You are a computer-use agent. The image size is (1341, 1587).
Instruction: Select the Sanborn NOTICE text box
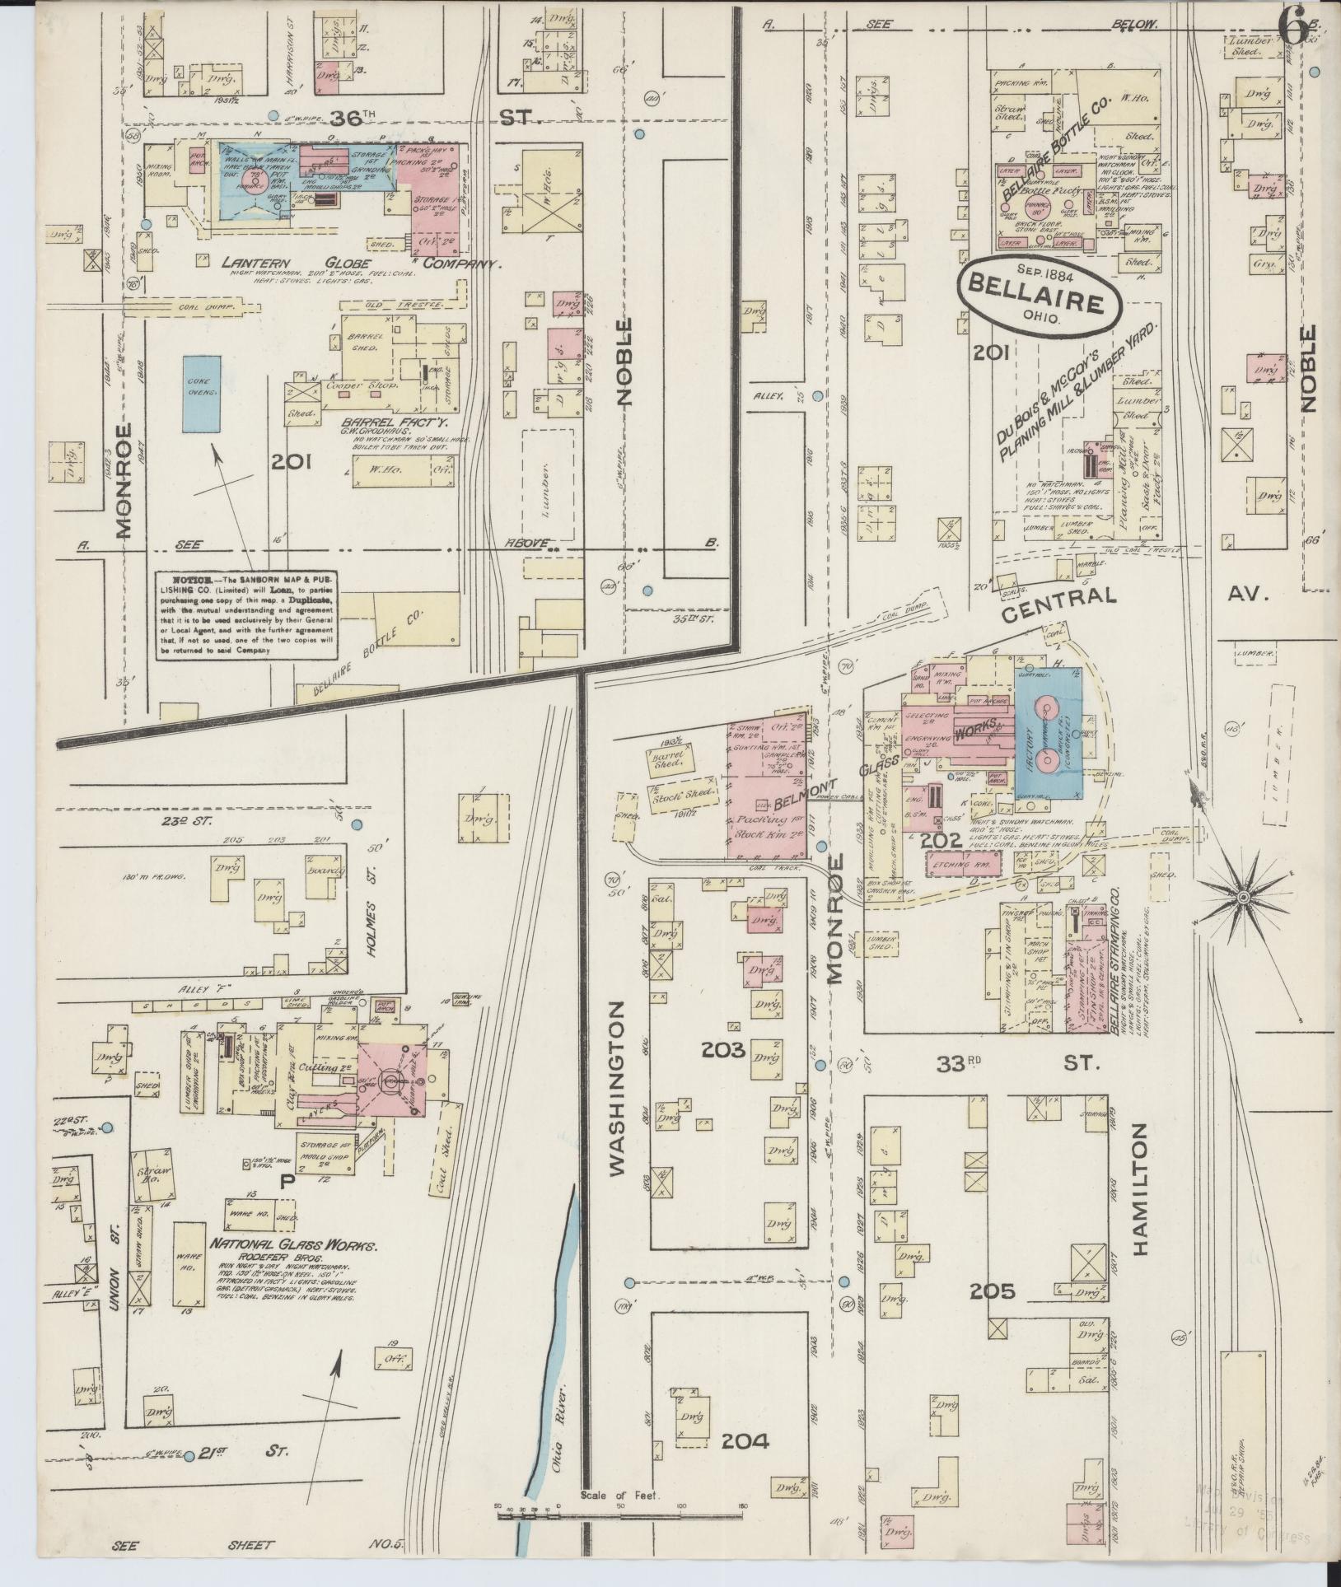coord(248,614)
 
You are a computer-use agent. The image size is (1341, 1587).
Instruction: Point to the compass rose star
coord(1242,895)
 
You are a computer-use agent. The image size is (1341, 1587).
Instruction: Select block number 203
coord(723,1049)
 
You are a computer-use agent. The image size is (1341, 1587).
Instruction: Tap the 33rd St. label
coord(1013,1064)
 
